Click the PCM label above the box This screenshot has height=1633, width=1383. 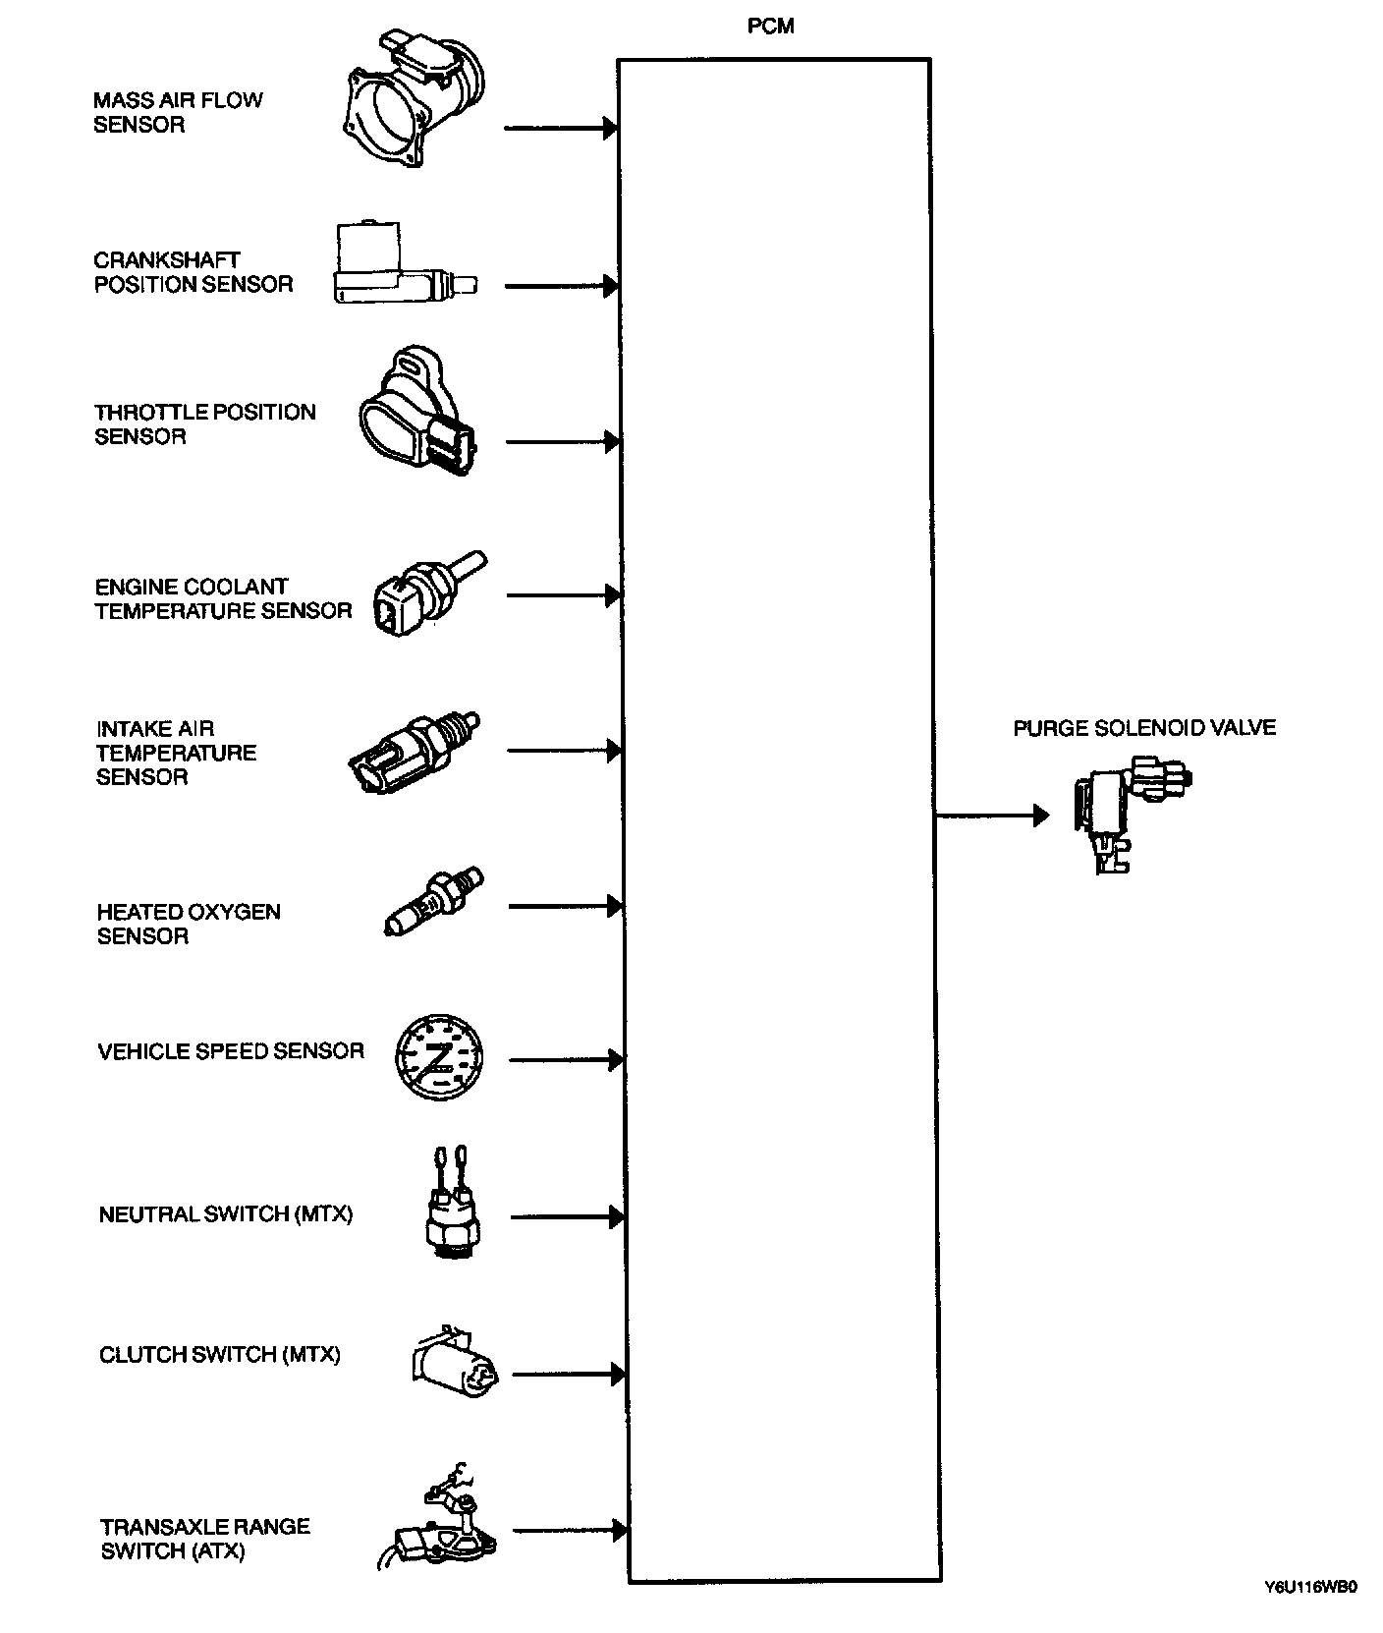pos(770,27)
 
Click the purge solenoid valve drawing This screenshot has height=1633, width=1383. pos(1129,812)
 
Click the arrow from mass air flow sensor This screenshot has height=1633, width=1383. pos(560,128)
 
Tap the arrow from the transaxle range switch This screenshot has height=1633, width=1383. pos(570,1530)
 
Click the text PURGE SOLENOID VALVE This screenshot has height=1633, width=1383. pos(1144,728)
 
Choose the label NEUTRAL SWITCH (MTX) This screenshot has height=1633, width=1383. pos(225,1214)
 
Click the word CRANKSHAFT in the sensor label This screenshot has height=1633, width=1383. pos(167,260)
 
